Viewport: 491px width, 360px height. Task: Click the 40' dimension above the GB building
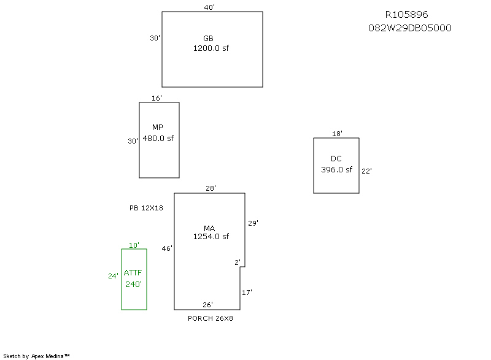pyautogui.click(x=209, y=7)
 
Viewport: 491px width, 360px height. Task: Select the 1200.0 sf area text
pyautogui.click(x=211, y=48)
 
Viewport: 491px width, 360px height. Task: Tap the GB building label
pyautogui.click(x=208, y=38)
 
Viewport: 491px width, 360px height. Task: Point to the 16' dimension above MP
pyautogui.click(x=157, y=98)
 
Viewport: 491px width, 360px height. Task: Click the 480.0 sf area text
pyautogui.click(x=158, y=138)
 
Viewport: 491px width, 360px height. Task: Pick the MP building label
pyautogui.click(x=158, y=128)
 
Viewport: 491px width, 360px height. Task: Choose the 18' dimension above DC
pyautogui.click(x=337, y=134)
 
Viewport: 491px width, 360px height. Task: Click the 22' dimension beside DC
pyautogui.click(x=366, y=171)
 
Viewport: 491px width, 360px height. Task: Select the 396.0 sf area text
pyautogui.click(x=336, y=170)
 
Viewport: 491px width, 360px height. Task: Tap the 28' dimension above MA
pyautogui.click(x=211, y=188)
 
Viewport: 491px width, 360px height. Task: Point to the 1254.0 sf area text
pyautogui.click(x=211, y=236)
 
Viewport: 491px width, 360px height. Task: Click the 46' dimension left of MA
pyautogui.click(x=167, y=248)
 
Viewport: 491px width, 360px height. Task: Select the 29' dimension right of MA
pyautogui.click(x=253, y=223)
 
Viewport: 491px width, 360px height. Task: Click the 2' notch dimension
pyautogui.click(x=238, y=262)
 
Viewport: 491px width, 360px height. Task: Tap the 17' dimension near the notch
pyautogui.click(x=247, y=293)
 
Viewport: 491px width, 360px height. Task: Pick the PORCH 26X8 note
pyautogui.click(x=210, y=318)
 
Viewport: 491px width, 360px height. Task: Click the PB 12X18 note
pyautogui.click(x=146, y=208)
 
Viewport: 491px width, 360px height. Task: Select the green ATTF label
pyautogui.click(x=133, y=273)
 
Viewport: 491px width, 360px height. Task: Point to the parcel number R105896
pyautogui.click(x=406, y=15)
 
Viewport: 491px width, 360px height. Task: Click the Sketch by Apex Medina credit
pyautogui.click(x=36, y=355)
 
